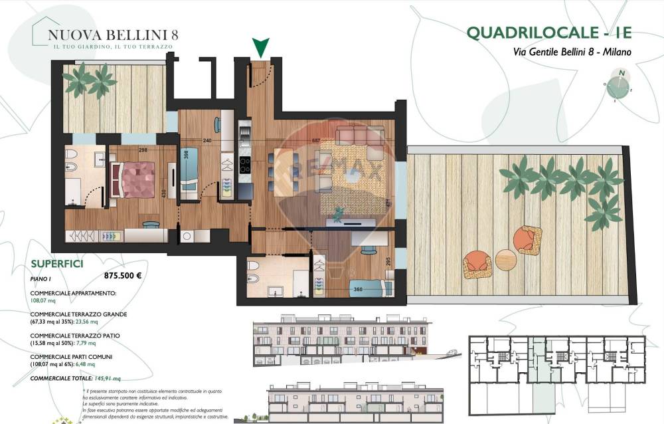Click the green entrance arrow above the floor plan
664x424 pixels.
(261, 47)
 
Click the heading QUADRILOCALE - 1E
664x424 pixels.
(548, 33)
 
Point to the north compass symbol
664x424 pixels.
(620, 84)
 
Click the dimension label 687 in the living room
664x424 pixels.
(316, 140)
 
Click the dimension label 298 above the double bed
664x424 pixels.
(143, 150)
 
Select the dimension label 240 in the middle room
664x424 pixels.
(207, 140)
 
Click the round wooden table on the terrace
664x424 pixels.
(506, 260)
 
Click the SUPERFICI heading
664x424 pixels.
(56, 264)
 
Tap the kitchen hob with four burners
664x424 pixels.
(244, 165)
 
